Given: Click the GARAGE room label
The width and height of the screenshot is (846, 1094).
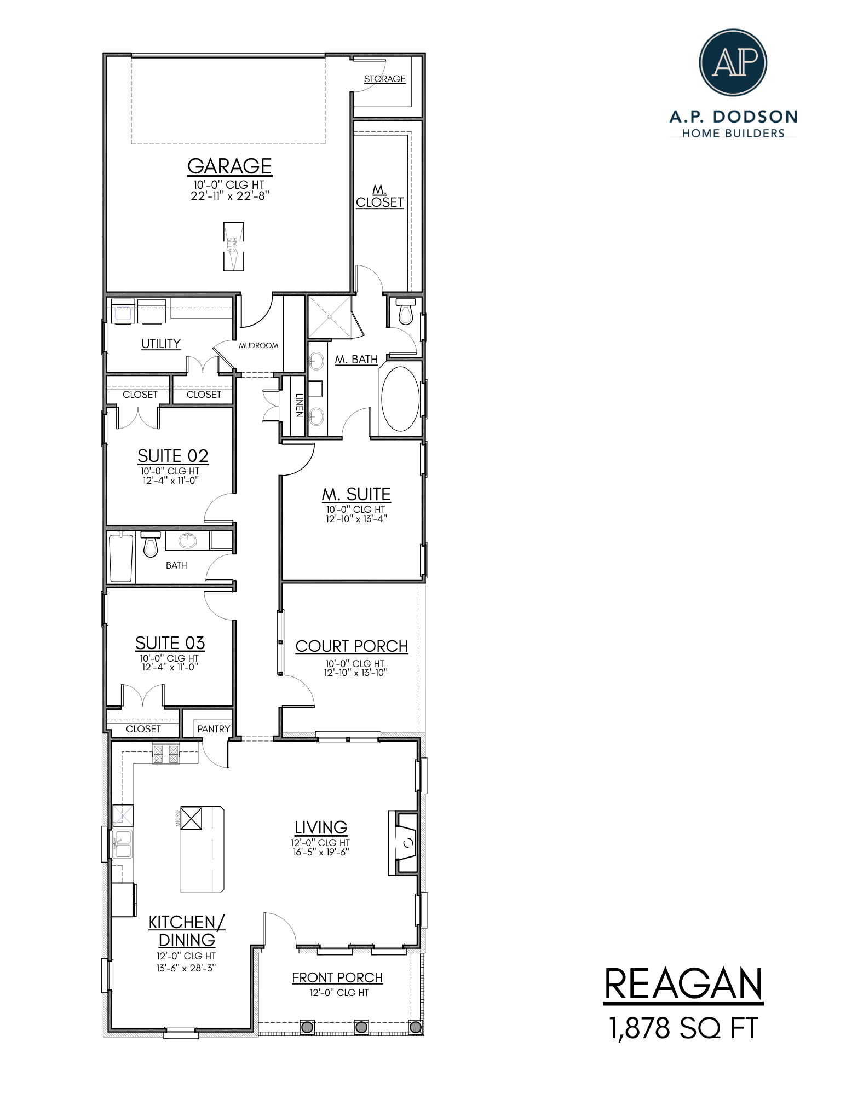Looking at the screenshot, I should click(x=229, y=166).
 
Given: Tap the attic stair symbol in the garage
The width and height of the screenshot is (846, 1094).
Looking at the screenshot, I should click(x=234, y=246).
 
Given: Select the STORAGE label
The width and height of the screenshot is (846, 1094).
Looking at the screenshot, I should click(x=385, y=79).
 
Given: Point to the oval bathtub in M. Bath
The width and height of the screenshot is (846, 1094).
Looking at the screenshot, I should click(x=400, y=398).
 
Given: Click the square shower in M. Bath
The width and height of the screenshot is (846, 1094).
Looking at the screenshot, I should click(x=329, y=317).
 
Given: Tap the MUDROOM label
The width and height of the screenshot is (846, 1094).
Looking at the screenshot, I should click(x=258, y=345).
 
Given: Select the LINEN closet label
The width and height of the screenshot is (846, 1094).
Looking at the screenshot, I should click(x=299, y=405).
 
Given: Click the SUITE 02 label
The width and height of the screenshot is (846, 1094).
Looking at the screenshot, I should click(x=172, y=456).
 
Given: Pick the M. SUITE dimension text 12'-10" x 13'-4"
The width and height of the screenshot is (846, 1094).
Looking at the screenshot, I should click(x=356, y=519).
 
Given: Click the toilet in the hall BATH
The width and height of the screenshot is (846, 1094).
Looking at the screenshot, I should click(x=151, y=544).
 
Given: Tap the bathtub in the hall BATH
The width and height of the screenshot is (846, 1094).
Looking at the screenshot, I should click(x=121, y=558).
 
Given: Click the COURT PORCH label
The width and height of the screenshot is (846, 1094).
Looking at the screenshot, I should click(x=352, y=646).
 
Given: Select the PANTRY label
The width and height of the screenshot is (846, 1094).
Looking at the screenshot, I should click(x=214, y=729).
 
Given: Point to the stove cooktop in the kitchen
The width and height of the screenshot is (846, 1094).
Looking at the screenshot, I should click(x=166, y=754).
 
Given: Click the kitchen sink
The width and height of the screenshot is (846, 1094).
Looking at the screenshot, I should click(x=123, y=844).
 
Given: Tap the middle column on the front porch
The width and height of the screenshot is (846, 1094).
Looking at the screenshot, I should click(x=361, y=1027).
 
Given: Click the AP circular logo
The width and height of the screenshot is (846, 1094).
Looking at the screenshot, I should click(x=733, y=62).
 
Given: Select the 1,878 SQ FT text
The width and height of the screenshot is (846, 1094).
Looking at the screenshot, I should click(x=683, y=1028).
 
